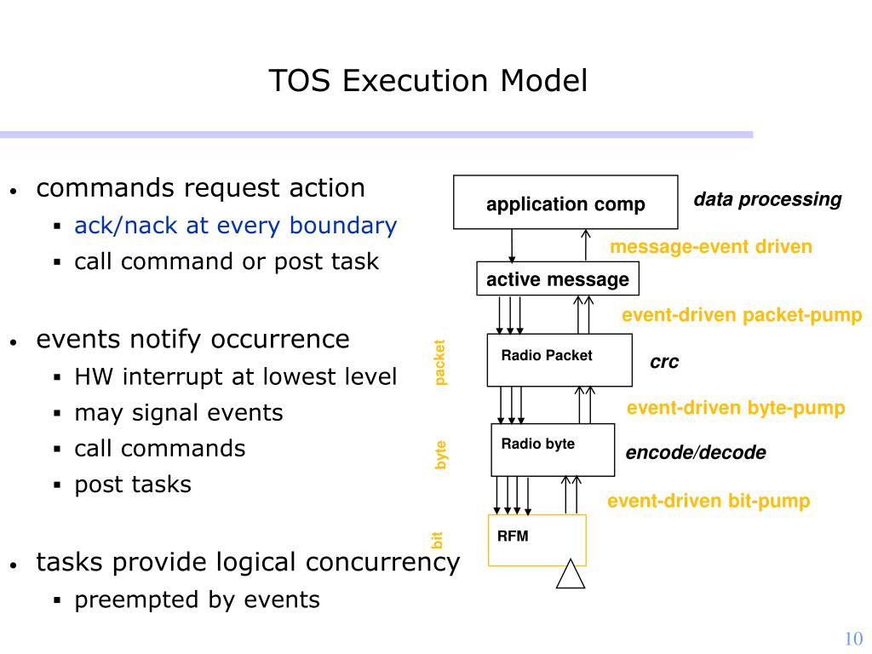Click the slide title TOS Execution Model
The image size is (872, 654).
(x=427, y=81)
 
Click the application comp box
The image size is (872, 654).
(x=565, y=203)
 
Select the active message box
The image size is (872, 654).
(x=558, y=278)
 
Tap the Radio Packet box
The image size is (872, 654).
(x=559, y=360)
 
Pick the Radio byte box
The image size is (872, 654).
(x=553, y=450)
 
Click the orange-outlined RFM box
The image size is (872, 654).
(x=537, y=540)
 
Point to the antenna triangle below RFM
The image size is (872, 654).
(x=571, y=574)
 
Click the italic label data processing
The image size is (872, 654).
(x=767, y=199)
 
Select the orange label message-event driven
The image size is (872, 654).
(x=711, y=246)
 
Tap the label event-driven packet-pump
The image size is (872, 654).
(x=742, y=315)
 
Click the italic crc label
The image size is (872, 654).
(x=664, y=362)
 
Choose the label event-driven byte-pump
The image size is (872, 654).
(x=736, y=408)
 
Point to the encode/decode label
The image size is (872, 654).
(x=696, y=453)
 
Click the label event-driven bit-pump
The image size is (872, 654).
(x=708, y=501)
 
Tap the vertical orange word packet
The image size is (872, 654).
(x=439, y=363)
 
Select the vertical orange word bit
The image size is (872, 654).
(x=437, y=540)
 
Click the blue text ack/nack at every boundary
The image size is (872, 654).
(x=236, y=226)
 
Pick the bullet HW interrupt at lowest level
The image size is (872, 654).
(x=236, y=376)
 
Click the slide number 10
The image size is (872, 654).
(x=853, y=639)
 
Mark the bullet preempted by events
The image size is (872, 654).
(x=198, y=600)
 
